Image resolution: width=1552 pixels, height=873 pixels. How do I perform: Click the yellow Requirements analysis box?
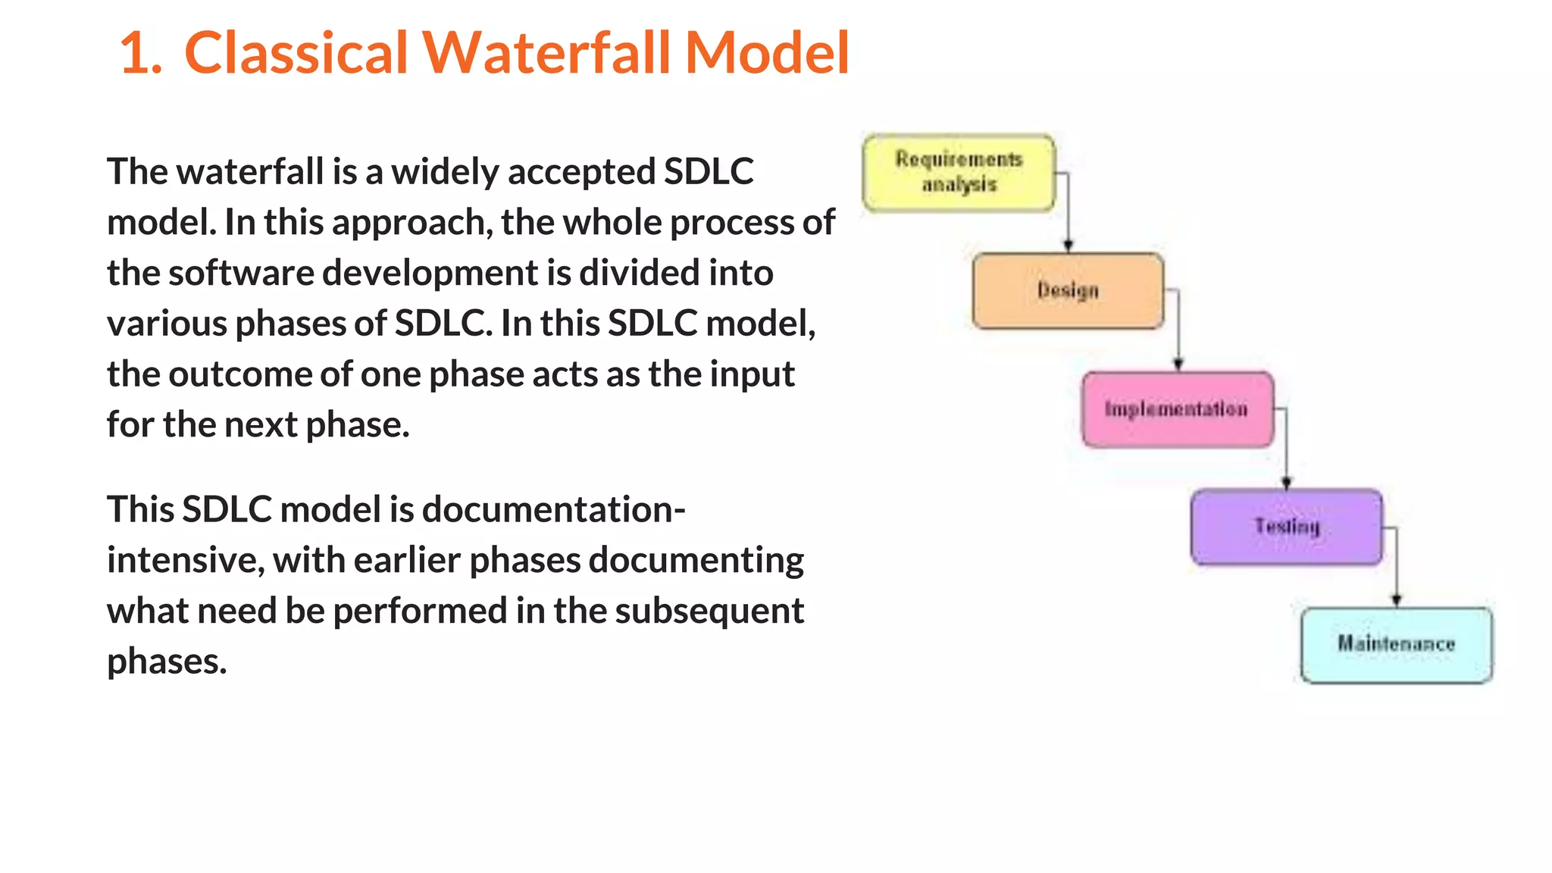pyautogui.click(x=959, y=173)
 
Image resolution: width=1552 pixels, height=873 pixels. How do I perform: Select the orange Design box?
pyautogui.click(x=1068, y=291)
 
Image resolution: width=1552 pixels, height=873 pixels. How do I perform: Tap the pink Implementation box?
pyautogui.click(x=1177, y=409)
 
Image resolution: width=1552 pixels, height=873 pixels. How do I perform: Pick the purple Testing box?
pyautogui.click(x=1286, y=527)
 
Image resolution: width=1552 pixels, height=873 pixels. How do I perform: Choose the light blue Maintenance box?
pyautogui.click(x=1396, y=645)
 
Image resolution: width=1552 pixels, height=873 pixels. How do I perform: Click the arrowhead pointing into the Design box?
pyautogui.click(x=1068, y=246)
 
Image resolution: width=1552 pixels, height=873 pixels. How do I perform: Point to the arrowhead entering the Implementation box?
pyautogui.click(x=1178, y=365)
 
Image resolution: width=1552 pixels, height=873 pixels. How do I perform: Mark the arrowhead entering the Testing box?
pyautogui.click(x=1286, y=483)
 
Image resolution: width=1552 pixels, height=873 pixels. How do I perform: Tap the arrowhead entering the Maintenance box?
pyautogui.click(x=1396, y=600)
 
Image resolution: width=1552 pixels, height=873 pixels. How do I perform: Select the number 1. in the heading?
pyautogui.click(x=141, y=53)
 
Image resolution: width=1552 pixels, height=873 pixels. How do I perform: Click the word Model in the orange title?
pyautogui.click(x=766, y=53)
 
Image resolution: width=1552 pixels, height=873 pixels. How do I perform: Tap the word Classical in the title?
pyautogui.click(x=296, y=53)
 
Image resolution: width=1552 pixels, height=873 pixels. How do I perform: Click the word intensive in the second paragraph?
pyautogui.click(x=185, y=561)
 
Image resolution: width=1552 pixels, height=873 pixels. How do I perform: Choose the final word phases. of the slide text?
pyautogui.click(x=167, y=662)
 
